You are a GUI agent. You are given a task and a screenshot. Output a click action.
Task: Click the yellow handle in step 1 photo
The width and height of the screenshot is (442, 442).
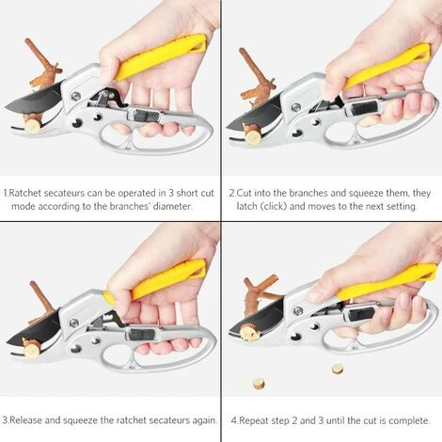[162, 56]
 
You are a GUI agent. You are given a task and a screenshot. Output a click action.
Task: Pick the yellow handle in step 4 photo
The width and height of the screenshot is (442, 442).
[386, 281]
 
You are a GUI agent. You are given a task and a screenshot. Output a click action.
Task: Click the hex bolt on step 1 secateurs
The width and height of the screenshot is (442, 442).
[75, 96]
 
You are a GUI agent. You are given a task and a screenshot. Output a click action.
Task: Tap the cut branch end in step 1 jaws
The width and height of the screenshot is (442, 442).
[32, 125]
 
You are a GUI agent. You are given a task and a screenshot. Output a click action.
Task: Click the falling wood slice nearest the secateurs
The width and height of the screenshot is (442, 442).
[338, 369]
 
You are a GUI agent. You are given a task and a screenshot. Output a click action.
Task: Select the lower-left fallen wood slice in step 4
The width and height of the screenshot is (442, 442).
[259, 383]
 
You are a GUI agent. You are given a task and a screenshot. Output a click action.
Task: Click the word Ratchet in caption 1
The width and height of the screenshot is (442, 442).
[25, 193]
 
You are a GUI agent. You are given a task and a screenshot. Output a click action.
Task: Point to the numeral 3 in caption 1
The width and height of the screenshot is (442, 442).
[171, 193]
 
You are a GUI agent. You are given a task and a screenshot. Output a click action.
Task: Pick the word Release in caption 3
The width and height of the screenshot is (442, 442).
[26, 420]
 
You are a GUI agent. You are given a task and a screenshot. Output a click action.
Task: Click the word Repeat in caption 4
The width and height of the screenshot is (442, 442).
[255, 420]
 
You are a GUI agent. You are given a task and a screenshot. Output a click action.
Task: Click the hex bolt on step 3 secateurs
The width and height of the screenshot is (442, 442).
[74, 323]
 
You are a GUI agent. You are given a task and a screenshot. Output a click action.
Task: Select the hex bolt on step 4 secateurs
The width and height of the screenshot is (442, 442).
[297, 311]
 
